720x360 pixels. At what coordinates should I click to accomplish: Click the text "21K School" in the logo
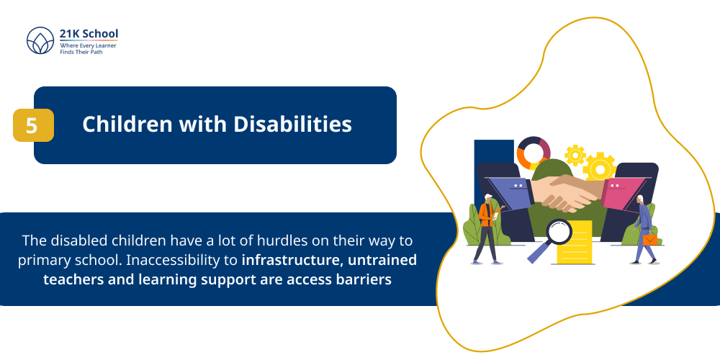point(89,34)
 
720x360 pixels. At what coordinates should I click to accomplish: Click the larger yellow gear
point(599,167)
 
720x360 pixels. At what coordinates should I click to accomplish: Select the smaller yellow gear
point(575,154)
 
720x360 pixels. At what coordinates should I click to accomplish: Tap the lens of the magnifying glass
point(559,232)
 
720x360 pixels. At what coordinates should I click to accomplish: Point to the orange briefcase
point(650,239)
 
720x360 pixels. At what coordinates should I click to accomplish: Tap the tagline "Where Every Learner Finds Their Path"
point(88,49)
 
